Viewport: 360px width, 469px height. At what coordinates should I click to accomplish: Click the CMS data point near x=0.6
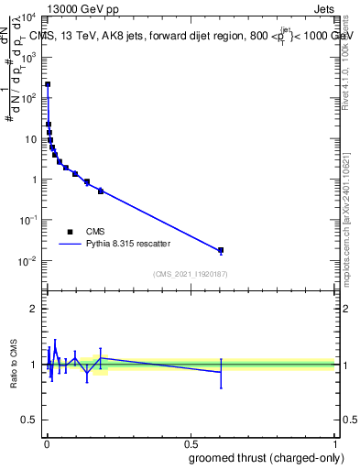click(220, 250)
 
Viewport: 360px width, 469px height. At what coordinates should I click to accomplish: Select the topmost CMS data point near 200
click(48, 84)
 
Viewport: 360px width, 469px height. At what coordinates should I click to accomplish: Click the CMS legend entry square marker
click(71, 232)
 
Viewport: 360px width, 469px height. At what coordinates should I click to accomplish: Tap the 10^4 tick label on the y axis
click(28, 16)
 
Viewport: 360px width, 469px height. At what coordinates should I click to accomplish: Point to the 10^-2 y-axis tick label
click(28, 261)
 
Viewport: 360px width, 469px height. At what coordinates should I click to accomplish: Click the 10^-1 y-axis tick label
click(28, 220)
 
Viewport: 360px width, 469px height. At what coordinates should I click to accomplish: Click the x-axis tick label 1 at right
click(334, 443)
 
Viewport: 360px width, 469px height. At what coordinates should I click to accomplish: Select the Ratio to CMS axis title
click(13, 365)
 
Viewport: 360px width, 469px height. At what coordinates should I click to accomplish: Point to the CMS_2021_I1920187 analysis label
click(190, 274)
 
